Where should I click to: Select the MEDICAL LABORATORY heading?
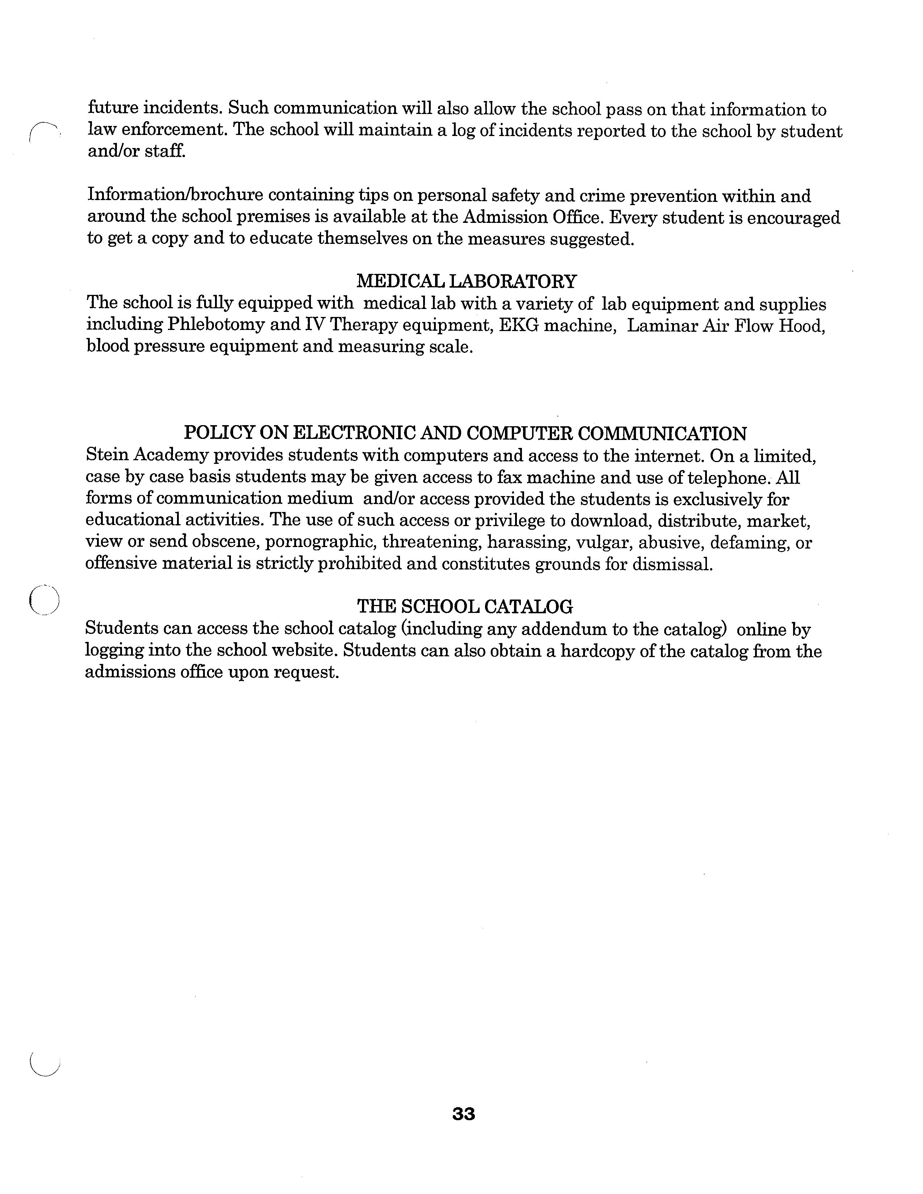coord(467,281)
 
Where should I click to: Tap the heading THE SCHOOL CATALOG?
coord(465,606)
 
